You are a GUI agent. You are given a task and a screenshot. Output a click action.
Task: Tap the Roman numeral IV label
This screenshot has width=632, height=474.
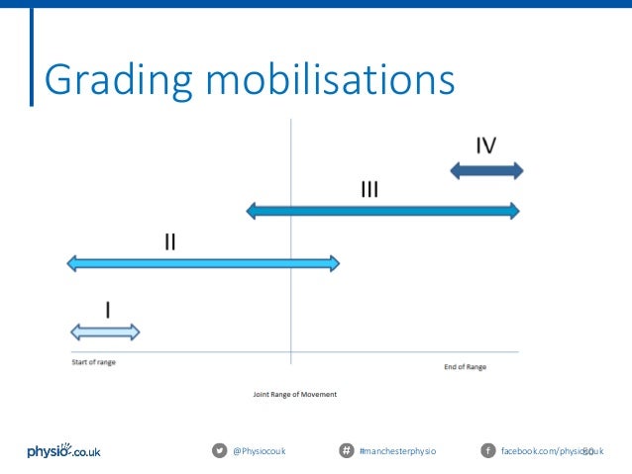pos(485,145)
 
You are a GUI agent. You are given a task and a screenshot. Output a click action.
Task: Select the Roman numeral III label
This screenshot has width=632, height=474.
pos(369,188)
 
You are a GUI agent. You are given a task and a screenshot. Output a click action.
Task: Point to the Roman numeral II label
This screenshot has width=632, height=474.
pos(169,241)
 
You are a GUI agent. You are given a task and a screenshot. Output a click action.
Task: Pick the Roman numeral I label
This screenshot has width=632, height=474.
pos(107,309)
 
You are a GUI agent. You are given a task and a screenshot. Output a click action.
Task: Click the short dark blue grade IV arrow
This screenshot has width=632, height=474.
pos(485,170)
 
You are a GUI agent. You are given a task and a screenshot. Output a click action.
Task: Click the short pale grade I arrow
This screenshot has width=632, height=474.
pos(104,332)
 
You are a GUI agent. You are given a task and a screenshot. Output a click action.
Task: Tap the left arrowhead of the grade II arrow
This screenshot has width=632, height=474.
pos(72,263)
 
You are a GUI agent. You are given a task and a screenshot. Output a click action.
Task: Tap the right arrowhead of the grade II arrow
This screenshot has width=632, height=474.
pos(334,263)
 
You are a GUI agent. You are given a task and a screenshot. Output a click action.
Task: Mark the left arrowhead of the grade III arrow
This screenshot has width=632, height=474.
pos(252,210)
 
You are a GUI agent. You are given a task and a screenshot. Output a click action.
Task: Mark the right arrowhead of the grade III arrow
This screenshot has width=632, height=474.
pos(513,210)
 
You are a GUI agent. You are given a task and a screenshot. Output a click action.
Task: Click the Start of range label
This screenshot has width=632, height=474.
pos(93,362)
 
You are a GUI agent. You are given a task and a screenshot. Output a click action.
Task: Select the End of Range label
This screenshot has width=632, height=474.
pos(465,367)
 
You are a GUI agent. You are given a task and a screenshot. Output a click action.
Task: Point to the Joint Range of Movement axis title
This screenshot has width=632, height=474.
pos(295,394)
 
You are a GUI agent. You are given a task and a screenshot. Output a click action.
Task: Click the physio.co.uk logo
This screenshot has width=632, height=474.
pos(63,451)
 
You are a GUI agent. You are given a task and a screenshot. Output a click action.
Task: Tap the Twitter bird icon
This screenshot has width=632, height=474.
pos(219,451)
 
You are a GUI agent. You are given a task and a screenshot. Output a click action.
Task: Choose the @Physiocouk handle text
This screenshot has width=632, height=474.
pos(259,451)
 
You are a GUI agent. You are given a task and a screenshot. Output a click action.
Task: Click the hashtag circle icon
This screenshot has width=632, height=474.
pos(347,451)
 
